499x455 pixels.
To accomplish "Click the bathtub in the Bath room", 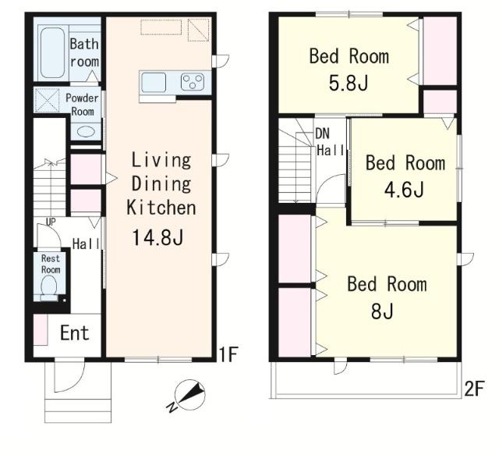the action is tap(52, 52).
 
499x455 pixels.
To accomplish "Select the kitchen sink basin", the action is tap(154, 82).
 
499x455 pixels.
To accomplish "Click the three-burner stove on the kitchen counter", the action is tap(193, 82).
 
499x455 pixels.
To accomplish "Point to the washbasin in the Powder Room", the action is tap(86, 132).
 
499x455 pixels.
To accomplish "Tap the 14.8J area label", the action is tap(157, 237).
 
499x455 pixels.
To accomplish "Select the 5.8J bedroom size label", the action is tap(349, 84).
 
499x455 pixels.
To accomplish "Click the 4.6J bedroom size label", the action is tap(404, 190).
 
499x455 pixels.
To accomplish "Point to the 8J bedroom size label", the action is tap(382, 311).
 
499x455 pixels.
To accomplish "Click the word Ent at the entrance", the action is tap(75, 333).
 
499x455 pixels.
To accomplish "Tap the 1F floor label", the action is tap(228, 354).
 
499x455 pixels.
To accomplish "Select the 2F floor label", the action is tap(474, 389).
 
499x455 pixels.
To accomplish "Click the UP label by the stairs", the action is tap(51, 222).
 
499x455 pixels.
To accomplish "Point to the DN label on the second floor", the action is tap(322, 133).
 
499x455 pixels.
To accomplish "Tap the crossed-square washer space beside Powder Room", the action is tap(47, 101).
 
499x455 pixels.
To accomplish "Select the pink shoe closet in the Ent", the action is tap(41, 329).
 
